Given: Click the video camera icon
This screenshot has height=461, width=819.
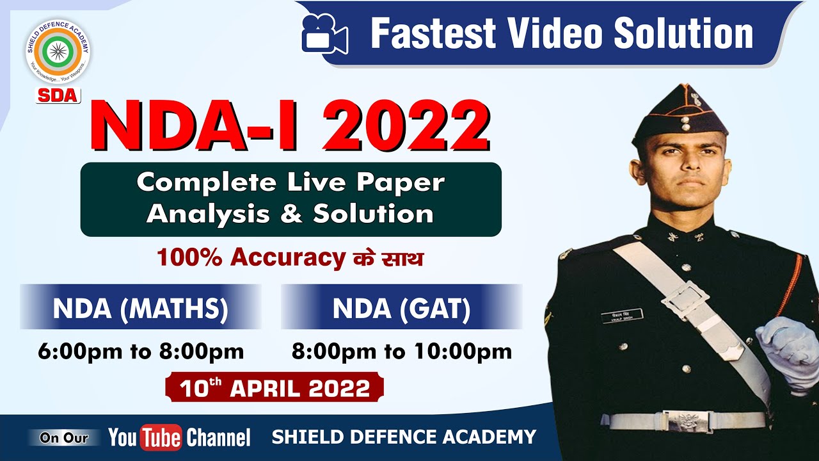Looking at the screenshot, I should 324,35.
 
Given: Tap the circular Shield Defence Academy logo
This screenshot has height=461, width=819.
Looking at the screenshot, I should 58,51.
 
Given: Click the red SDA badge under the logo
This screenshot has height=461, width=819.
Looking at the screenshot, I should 58,95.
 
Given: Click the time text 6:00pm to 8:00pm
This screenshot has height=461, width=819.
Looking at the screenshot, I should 141,351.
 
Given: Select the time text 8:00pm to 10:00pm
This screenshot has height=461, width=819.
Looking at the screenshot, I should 402,351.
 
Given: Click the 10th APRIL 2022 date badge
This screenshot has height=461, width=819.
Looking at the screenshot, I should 274,388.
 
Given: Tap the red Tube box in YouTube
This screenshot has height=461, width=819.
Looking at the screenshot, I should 161,437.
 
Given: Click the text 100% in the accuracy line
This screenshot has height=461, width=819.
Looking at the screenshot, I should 190,257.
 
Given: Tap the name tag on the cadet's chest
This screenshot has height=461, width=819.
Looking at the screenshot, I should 621,316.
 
